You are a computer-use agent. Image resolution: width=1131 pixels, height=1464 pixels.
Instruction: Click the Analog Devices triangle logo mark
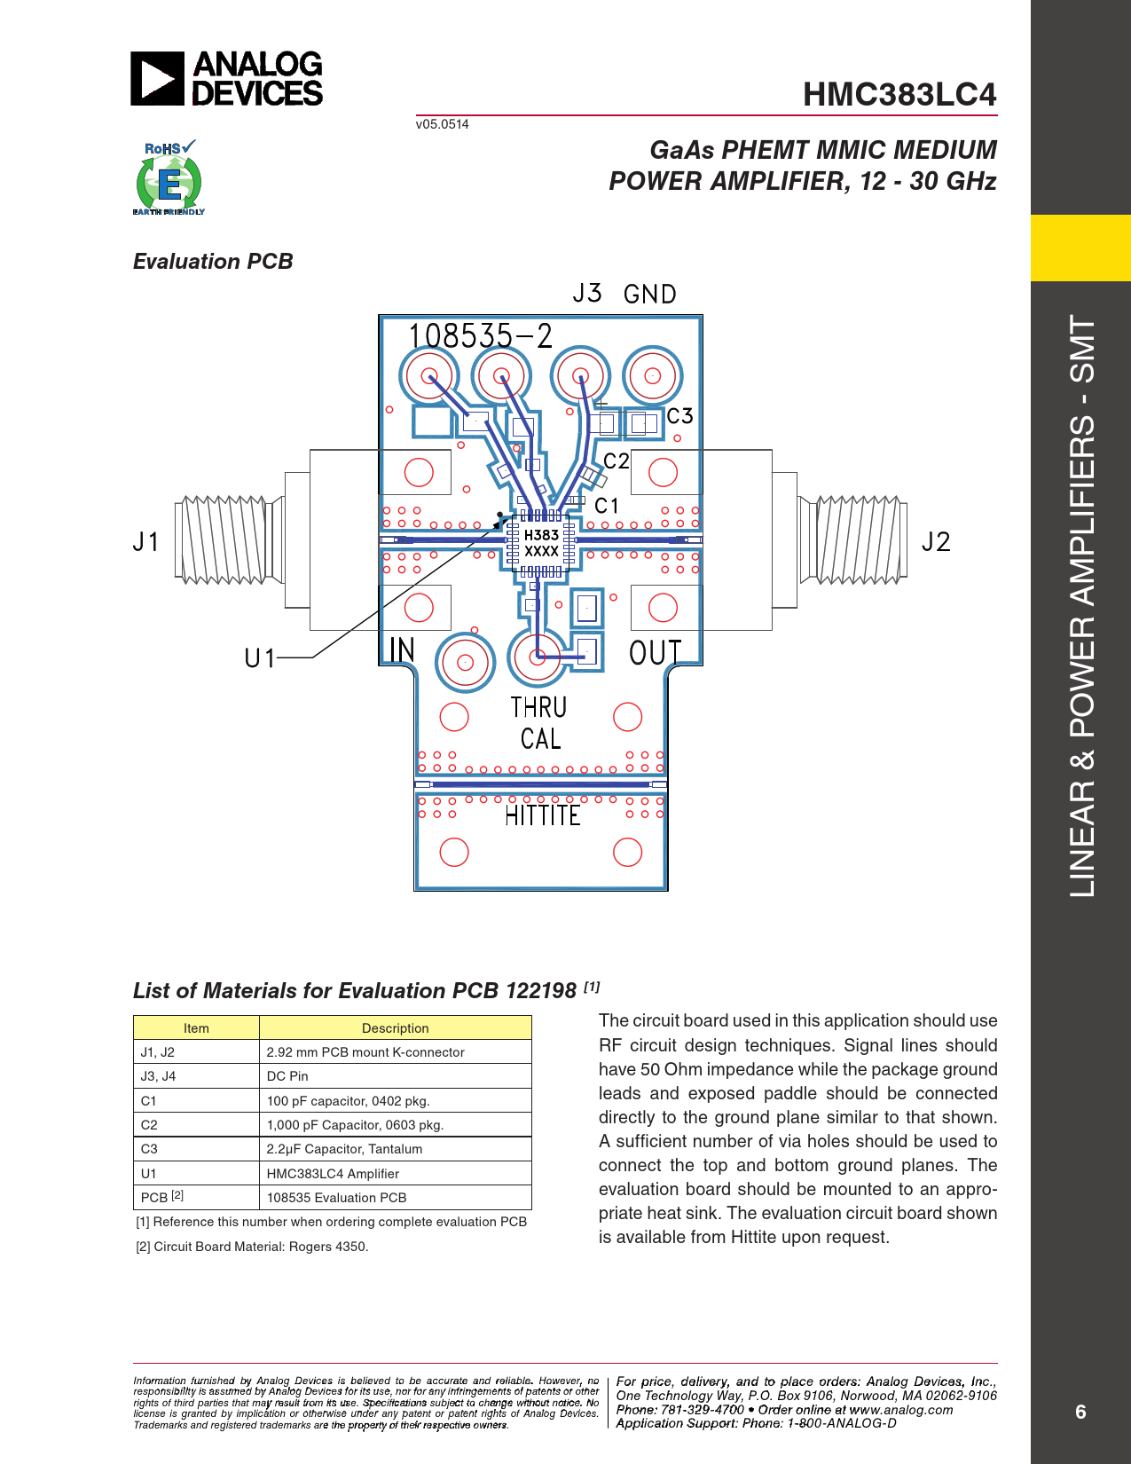pyautogui.click(x=157, y=78)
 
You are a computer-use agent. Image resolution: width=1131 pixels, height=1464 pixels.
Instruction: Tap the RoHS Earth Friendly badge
pyautogui.click(x=169, y=177)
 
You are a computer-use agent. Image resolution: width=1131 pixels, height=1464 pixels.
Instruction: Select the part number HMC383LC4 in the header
pyautogui.click(x=899, y=94)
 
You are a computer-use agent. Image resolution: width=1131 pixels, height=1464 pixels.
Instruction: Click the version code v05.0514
pyautogui.click(x=442, y=124)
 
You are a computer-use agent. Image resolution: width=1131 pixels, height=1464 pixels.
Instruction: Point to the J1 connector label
pyautogui.click(x=146, y=541)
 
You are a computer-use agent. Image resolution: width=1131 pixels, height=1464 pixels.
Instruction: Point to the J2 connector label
pyautogui.click(x=936, y=541)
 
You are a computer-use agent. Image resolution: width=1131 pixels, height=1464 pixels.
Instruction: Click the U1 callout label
pyautogui.click(x=260, y=658)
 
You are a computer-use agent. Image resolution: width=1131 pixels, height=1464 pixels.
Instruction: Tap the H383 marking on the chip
pyautogui.click(x=541, y=535)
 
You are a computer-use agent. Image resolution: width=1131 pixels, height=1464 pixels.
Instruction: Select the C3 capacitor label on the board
pyautogui.click(x=679, y=415)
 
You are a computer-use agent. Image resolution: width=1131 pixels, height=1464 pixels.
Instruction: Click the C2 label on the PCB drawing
pyautogui.click(x=617, y=460)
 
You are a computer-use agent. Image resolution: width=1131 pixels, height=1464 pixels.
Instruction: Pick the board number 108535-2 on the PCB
pyautogui.click(x=480, y=335)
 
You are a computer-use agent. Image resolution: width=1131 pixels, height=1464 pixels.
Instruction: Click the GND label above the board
pyautogui.click(x=649, y=294)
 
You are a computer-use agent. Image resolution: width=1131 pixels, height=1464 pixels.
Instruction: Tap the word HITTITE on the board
pyautogui.click(x=542, y=816)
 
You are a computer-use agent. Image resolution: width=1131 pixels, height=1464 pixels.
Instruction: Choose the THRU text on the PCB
pyautogui.click(x=538, y=707)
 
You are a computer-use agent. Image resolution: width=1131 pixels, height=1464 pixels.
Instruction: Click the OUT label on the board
pyautogui.click(x=655, y=652)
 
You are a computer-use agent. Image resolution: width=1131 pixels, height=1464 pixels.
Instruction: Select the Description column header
pyautogui.click(x=395, y=1028)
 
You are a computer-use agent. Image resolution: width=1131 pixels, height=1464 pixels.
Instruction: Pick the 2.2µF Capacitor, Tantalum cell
pyautogui.click(x=344, y=1149)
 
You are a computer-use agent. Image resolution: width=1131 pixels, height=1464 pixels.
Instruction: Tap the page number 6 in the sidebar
pyautogui.click(x=1080, y=1412)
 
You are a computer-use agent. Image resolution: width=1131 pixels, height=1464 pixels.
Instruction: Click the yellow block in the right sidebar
pyautogui.click(x=1080, y=248)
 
